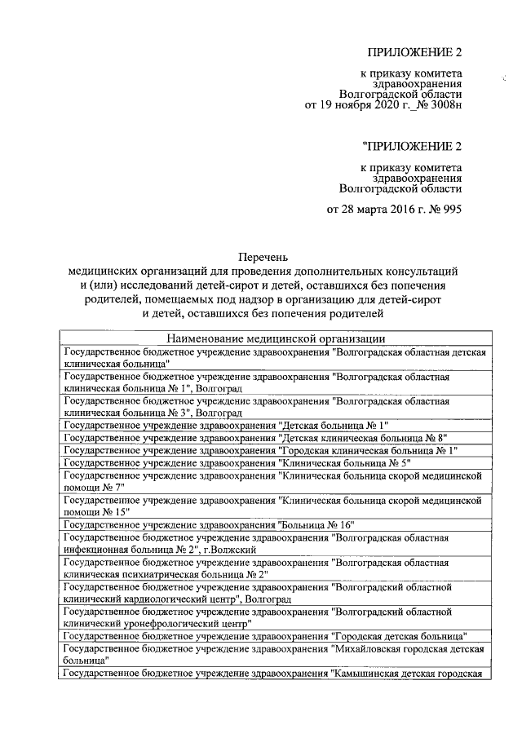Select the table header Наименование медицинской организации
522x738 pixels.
point(276,339)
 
